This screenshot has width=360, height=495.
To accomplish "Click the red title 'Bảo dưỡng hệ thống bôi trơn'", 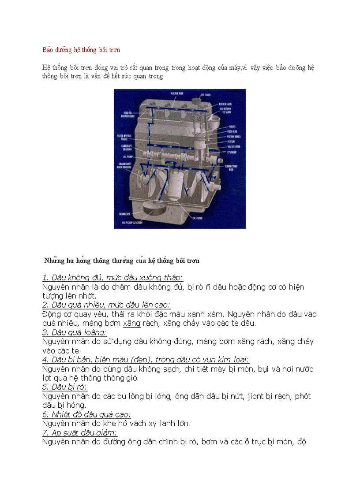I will click(x=81, y=50).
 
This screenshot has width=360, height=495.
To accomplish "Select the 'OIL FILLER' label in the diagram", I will click(x=206, y=95).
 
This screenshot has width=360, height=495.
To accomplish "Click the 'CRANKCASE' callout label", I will click(x=124, y=214).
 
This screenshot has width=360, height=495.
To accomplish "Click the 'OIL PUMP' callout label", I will click(x=127, y=156).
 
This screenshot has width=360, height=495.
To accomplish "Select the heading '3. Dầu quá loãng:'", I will click(x=74, y=332).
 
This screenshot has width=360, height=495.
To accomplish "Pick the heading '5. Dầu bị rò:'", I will click(x=65, y=387).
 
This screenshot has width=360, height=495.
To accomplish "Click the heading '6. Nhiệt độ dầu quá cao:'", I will click(x=86, y=414).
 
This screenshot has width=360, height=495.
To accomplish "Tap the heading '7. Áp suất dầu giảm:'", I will click(x=80, y=432).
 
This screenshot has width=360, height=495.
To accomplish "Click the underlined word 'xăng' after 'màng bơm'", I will click(x=131, y=323).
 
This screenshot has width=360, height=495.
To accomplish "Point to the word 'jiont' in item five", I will click(x=255, y=396).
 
